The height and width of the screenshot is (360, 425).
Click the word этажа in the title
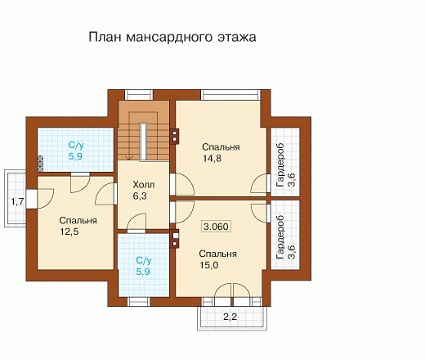[x=237, y=38]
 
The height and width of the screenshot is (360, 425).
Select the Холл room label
[x=144, y=185]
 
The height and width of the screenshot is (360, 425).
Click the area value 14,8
[x=212, y=158]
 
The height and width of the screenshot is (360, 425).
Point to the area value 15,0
[x=209, y=265]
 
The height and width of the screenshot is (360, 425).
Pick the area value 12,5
[x=69, y=232]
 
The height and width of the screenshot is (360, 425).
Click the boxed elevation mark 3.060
[x=216, y=227]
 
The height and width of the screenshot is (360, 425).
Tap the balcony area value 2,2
[x=230, y=317]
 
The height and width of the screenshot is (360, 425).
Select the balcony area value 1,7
[x=17, y=202]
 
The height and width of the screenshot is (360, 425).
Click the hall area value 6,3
[x=140, y=196]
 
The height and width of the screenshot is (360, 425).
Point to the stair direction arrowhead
[x=129, y=157]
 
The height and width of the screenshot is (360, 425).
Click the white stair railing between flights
[x=144, y=142]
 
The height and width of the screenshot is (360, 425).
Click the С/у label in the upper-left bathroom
[x=76, y=145]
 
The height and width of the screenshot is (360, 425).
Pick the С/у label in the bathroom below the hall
[x=144, y=260]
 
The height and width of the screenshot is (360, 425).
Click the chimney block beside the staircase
[x=174, y=136]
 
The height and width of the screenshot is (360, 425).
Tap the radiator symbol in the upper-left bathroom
[x=40, y=164]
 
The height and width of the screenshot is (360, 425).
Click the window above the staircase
[x=139, y=95]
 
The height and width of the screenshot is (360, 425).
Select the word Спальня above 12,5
[x=78, y=220]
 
